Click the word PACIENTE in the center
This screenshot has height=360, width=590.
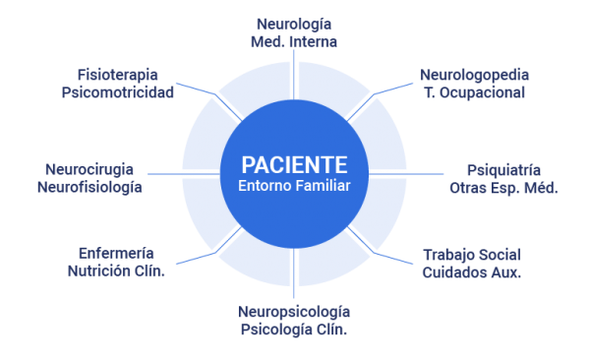(294, 163)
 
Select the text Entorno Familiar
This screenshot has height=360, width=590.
(294, 185)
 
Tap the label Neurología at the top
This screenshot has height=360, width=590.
(293, 23)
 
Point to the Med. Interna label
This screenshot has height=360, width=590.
(293, 41)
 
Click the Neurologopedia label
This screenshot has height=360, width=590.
(474, 74)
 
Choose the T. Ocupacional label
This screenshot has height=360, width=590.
(474, 92)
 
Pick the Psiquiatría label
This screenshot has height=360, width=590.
(503, 168)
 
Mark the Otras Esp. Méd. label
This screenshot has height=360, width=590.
(503, 187)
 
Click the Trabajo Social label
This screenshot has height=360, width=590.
(472, 254)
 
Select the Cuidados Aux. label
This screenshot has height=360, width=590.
(472, 272)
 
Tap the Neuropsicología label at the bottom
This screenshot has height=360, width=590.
(293, 311)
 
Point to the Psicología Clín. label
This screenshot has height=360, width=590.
(293, 330)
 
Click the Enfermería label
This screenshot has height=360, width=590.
(115, 251)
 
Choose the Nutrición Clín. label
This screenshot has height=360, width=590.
(115, 270)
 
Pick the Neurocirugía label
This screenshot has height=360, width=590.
(89, 168)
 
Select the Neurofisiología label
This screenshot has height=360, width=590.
(89, 187)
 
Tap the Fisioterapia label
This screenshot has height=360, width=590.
(117, 74)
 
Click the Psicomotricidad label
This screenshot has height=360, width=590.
(117, 92)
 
